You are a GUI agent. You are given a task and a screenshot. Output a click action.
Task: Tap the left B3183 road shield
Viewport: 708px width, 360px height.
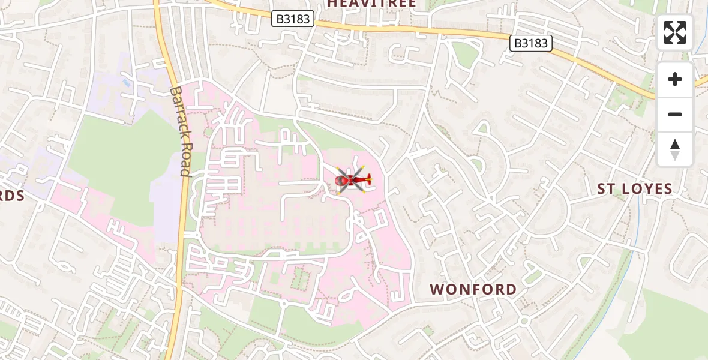(x=293, y=19)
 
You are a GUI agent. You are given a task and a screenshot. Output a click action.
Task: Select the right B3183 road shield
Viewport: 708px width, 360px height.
(x=530, y=43)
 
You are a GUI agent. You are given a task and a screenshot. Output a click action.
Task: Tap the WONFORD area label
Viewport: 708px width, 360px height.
(x=473, y=289)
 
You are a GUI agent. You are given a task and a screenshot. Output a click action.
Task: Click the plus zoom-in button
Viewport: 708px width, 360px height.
(x=675, y=79)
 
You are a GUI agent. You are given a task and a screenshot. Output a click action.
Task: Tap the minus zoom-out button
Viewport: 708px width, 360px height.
(x=675, y=114)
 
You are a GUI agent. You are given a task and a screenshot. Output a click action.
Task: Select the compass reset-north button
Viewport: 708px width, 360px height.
(x=675, y=149)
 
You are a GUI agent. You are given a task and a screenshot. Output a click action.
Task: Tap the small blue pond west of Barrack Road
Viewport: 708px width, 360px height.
(x=126, y=81)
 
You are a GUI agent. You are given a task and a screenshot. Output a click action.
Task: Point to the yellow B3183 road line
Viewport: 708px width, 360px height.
(x=420, y=30)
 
